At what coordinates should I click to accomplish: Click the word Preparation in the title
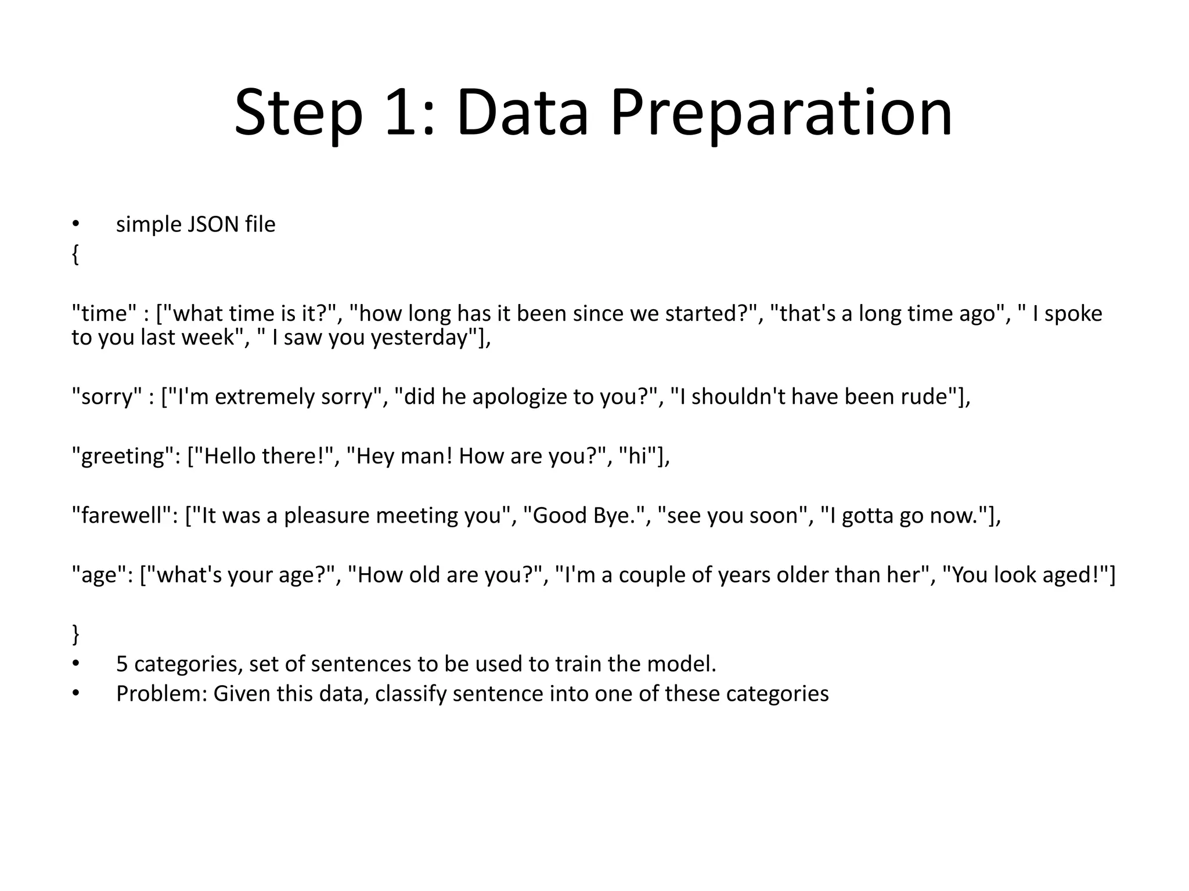coord(781,113)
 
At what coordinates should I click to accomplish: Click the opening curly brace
coord(75,254)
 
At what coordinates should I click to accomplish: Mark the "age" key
coord(102,575)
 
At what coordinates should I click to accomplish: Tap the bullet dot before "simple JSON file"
coord(75,224)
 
